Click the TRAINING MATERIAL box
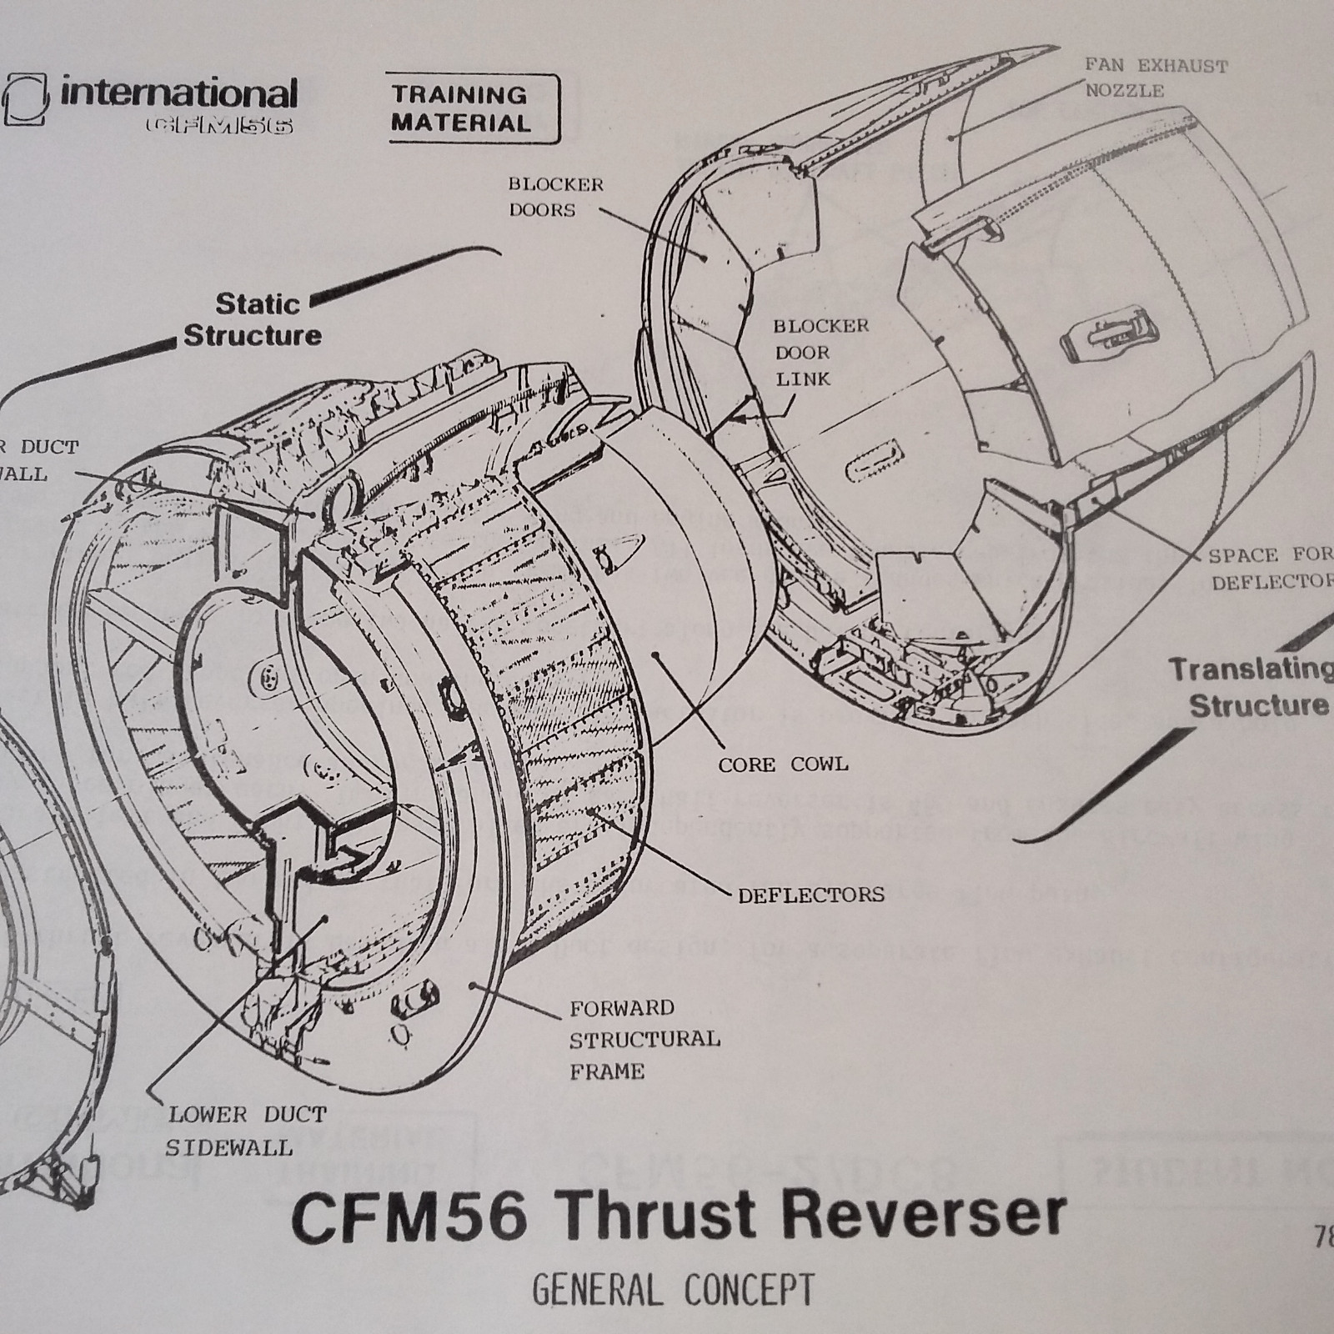[472, 108]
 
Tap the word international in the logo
[178, 93]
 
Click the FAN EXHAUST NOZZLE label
[1156, 78]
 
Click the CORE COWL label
[783, 764]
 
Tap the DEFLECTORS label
[810, 895]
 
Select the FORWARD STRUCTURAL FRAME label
[644, 1039]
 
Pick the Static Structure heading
[253, 319]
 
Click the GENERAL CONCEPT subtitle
[674, 1290]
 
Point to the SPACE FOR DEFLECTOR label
[1269, 569]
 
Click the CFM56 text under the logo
[218, 125]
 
